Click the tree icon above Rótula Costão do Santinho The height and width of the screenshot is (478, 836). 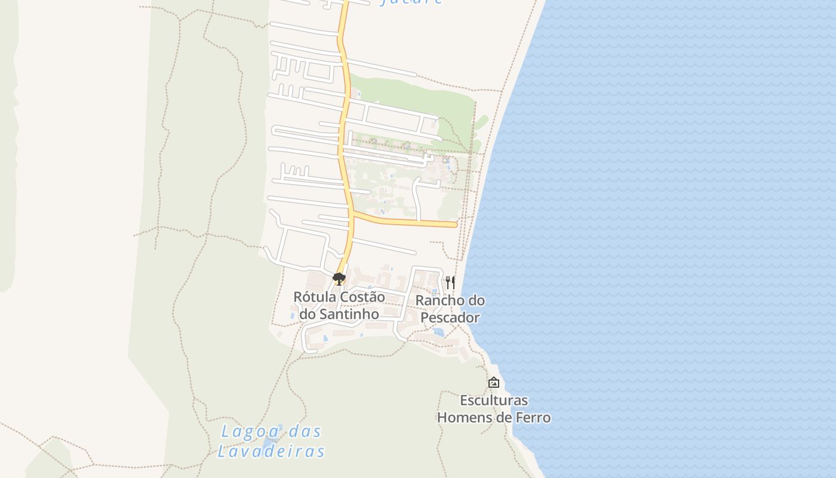(x=339, y=278)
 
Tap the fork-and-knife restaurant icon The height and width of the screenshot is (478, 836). (x=450, y=282)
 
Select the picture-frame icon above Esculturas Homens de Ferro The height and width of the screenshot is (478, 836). (x=494, y=382)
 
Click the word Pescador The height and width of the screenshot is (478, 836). (x=450, y=317)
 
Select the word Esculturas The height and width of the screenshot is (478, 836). (x=494, y=400)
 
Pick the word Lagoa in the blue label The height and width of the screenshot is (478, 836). (x=245, y=431)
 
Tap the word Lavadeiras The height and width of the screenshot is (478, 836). (x=271, y=451)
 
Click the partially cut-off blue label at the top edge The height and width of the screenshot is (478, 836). (x=411, y=2)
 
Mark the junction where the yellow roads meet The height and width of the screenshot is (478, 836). (x=351, y=212)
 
